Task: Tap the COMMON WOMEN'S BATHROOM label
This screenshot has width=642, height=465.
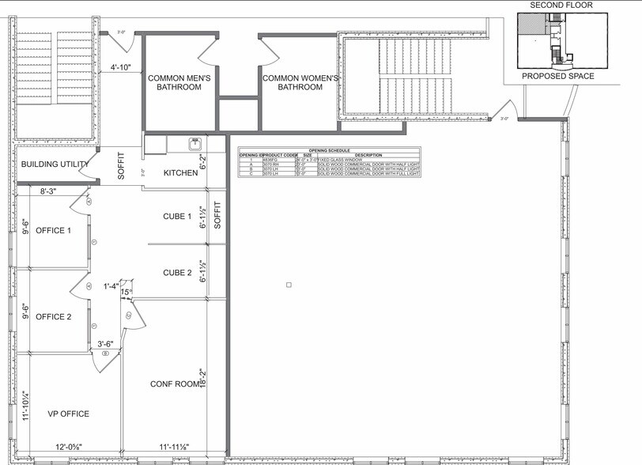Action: (x=300, y=82)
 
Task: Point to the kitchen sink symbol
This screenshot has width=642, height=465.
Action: (x=193, y=144)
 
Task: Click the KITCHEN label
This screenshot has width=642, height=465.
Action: (x=179, y=172)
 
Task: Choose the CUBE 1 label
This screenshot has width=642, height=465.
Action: (x=177, y=217)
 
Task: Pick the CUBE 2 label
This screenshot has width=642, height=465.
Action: (x=177, y=273)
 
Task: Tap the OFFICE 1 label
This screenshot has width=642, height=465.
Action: (x=54, y=231)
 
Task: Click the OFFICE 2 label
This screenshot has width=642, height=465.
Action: (x=54, y=316)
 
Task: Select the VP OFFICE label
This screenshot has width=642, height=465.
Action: (x=68, y=414)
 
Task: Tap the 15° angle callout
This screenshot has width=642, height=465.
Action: (x=125, y=293)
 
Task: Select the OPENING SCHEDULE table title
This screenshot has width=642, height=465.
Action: (x=330, y=149)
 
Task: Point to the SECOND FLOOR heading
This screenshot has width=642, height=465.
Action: (x=561, y=5)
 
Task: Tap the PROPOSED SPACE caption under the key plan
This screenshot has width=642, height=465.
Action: (x=560, y=77)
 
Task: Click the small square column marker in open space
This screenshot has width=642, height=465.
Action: (x=289, y=284)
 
